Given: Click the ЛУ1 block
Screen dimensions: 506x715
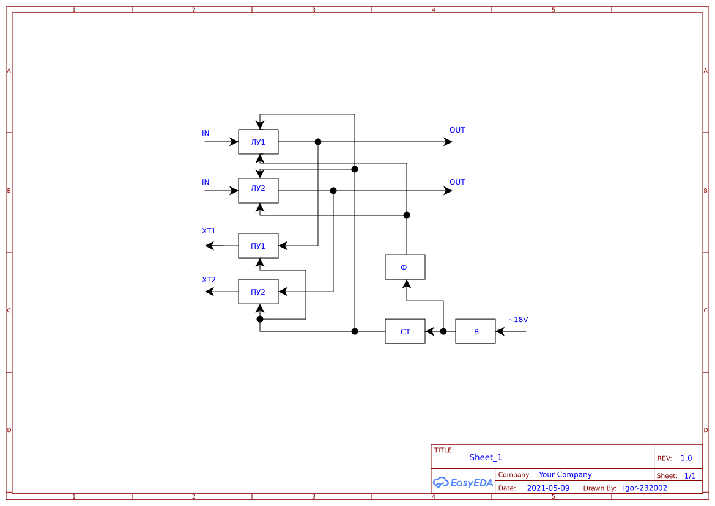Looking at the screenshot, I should tap(258, 142).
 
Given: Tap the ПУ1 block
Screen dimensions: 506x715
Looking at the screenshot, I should tap(258, 246).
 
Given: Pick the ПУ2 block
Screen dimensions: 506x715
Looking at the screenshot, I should tap(258, 291).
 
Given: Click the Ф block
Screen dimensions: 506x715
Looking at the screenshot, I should tap(404, 267).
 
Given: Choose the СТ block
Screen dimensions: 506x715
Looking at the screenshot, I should tap(405, 331).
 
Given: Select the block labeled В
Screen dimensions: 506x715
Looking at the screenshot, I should tap(475, 331).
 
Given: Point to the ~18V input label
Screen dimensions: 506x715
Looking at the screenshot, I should tap(517, 320).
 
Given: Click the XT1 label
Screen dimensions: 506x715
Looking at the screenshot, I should tap(209, 231).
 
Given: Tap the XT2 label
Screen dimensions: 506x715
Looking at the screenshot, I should tap(209, 280).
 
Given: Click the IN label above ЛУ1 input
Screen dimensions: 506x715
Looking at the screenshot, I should tap(206, 133).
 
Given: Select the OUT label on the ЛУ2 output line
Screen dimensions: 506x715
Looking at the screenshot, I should tap(457, 182).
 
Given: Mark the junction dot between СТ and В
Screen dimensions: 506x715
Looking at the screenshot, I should tap(443, 331).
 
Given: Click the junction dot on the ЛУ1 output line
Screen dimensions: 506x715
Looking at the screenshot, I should tap(318, 142).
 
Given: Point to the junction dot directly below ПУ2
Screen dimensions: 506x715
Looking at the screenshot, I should tap(260, 319).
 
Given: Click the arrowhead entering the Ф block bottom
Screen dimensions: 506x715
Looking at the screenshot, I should tap(405, 284).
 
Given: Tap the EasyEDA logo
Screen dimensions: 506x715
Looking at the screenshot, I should tap(463, 482).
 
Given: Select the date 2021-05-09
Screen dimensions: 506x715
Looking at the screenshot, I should tap(547, 488).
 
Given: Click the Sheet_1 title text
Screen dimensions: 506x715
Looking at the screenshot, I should tap(486, 457).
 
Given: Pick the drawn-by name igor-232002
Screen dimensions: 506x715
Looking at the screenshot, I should tap(645, 488).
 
